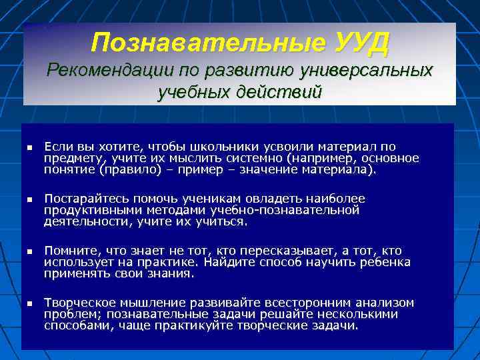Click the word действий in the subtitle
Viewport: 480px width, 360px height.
point(279,91)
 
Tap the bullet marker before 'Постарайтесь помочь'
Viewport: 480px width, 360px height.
point(29,199)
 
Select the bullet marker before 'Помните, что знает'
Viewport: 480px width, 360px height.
point(29,251)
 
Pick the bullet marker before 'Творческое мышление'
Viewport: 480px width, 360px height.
point(29,303)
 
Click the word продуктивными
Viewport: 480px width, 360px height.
point(86,210)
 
